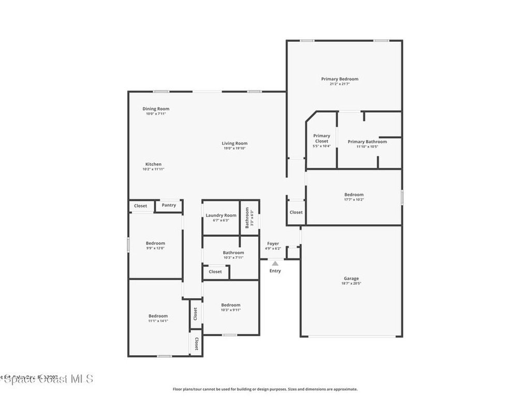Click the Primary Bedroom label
coord(340,79)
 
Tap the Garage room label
coord(351,278)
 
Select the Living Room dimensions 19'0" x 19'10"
coord(234,148)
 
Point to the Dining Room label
coord(156,109)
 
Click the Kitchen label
coord(153,164)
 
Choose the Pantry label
coord(169,205)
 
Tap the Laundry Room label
coord(221,215)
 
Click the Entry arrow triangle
coord(275,263)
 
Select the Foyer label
coord(273,243)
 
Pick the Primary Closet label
coord(321,138)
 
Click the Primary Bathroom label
coord(367,142)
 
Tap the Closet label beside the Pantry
coord(140,206)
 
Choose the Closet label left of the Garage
coord(296,212)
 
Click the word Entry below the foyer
coord(275,271)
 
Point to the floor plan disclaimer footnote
coord(265,389)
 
